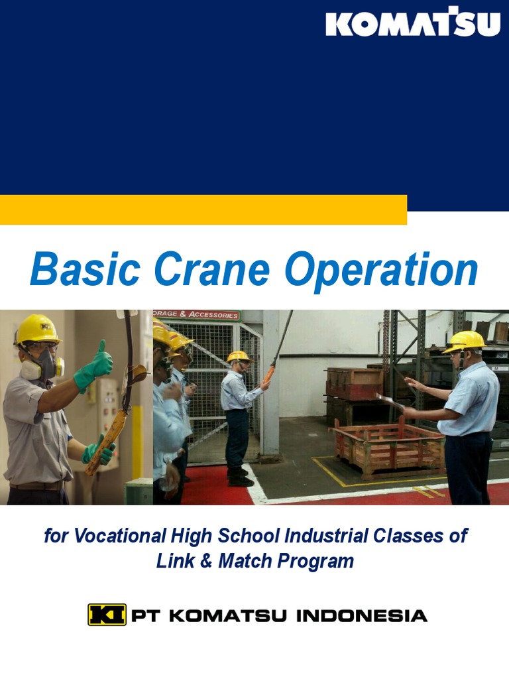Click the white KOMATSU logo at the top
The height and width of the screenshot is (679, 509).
point(412,23)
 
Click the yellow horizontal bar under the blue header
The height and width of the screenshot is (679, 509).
point(203,210)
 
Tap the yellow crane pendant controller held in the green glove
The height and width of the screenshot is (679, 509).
point(103,441)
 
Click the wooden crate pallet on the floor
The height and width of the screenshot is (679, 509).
point(388,448)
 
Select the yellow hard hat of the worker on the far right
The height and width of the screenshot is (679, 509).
point(465,340)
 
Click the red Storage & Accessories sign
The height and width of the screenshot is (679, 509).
point(196,315)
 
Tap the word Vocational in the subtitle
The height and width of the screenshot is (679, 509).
point(119,536)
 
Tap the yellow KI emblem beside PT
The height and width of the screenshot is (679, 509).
point(107,615)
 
